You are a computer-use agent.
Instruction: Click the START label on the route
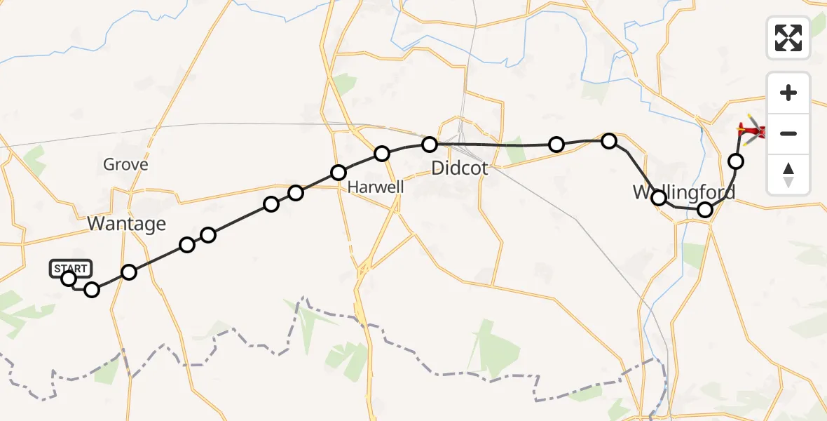(x=71, y=268)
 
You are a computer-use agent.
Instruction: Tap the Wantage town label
(x=127, y=224)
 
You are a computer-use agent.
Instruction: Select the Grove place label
(x=125, y=165)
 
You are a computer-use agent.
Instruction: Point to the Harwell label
(x=376, y=187)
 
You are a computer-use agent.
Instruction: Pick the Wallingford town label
(x=684, y=192)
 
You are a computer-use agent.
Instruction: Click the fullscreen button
(x=788, y=37)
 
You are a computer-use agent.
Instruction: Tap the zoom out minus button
(x=788, y=133)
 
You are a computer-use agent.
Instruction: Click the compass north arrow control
(x=788, y=174)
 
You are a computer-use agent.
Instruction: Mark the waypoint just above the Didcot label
(x=430, y=145)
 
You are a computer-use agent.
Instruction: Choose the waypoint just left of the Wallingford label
(x=659, y=198)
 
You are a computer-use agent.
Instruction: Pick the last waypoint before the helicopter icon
(x=736, y=161)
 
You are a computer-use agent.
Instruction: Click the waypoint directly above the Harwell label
(x=382, y=154)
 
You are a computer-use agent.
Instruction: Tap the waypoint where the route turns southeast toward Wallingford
(x=609, y=141)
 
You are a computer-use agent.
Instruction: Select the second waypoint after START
(x=129, y=272)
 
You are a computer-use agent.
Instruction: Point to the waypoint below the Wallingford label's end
(x=705, y=209)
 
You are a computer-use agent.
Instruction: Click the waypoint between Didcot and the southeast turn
(x=556, y=145)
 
